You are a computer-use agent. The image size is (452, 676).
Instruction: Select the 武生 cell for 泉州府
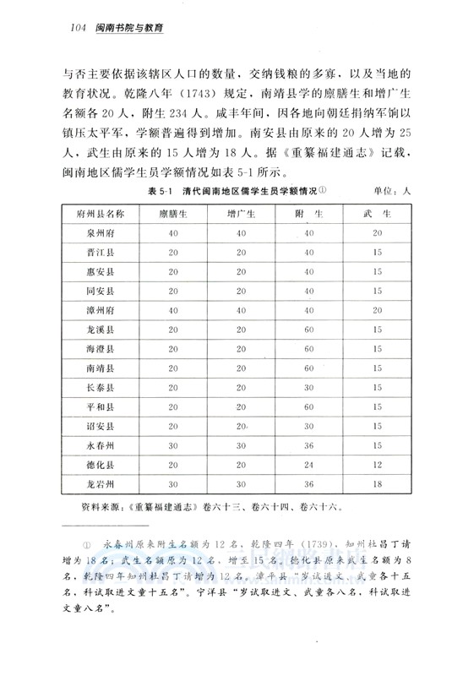377,233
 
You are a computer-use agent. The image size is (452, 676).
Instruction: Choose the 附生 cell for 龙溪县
308,329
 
